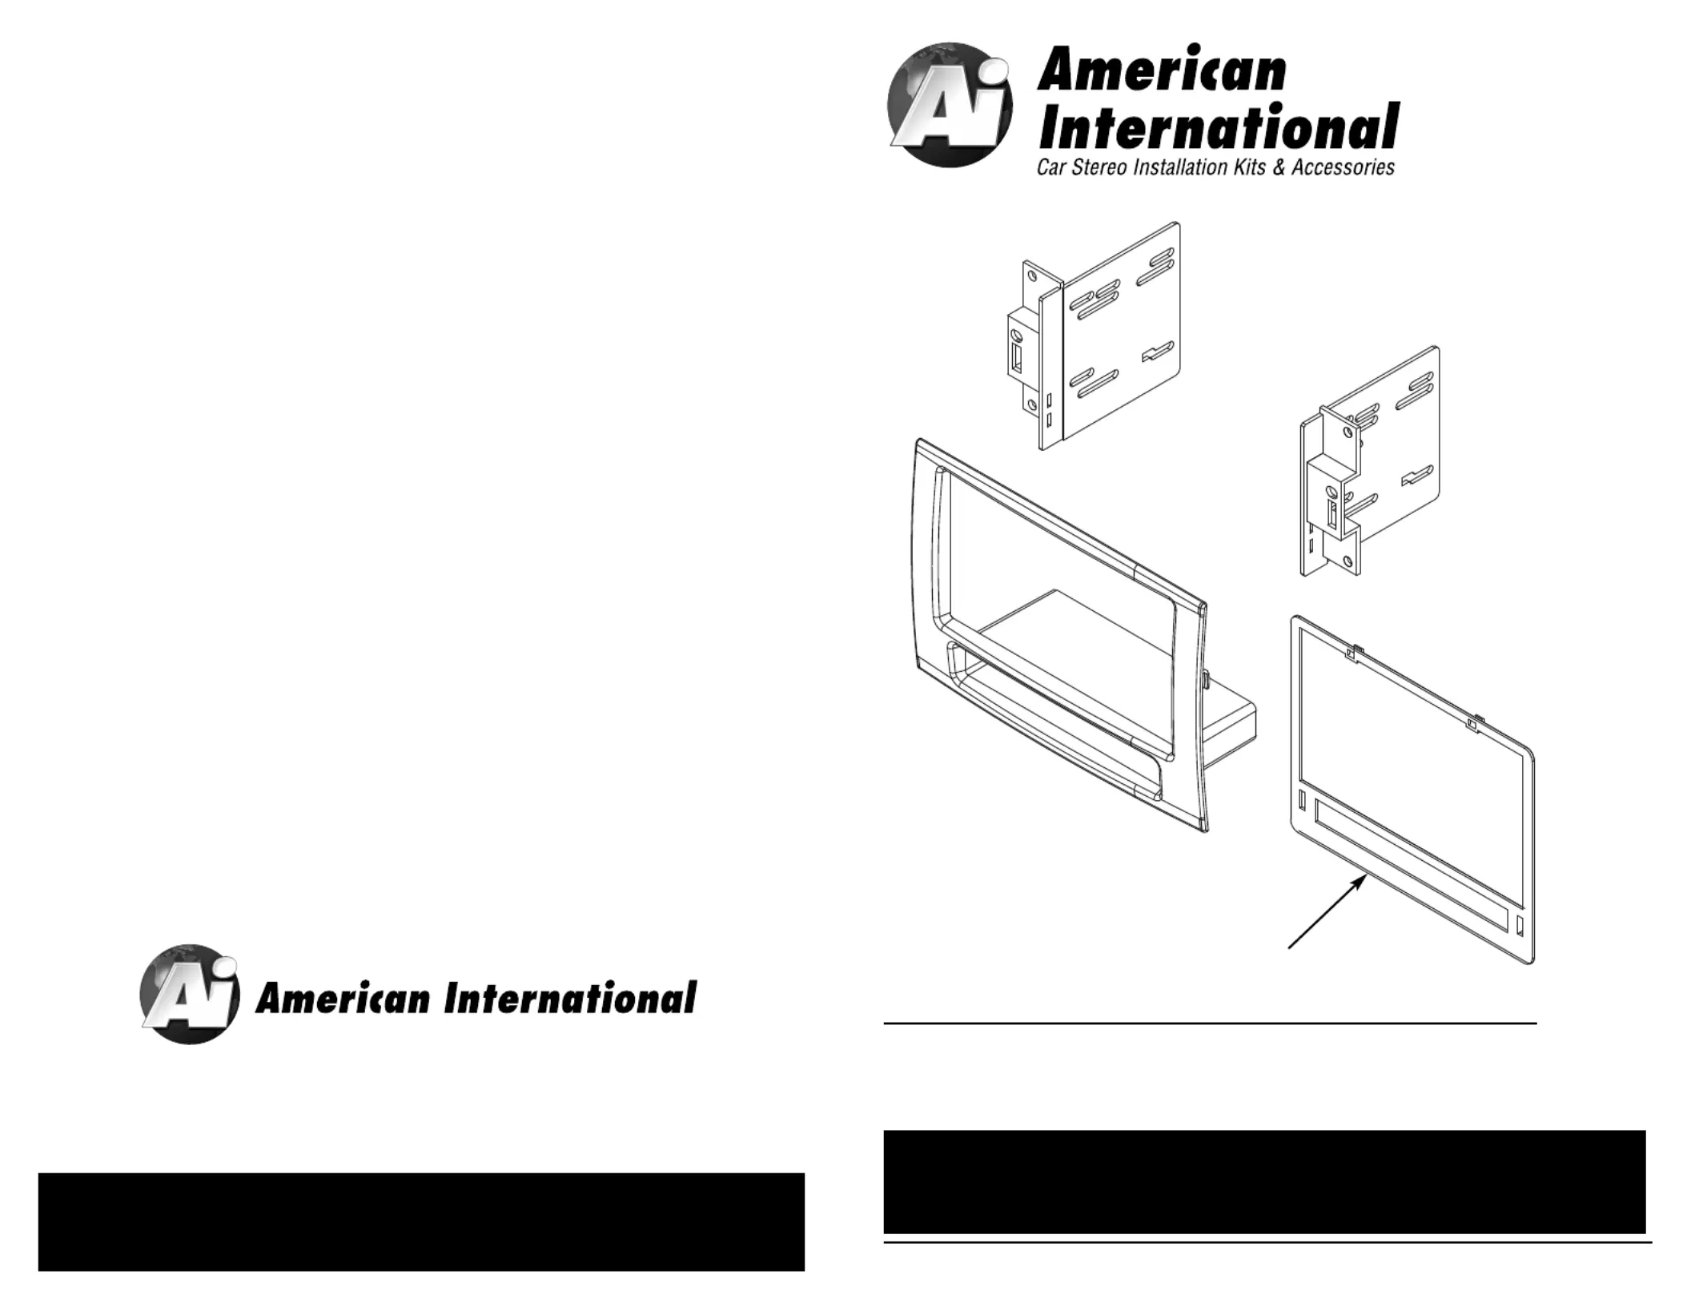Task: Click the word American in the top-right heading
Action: click(1161, 70)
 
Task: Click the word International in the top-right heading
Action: click(1217, 128)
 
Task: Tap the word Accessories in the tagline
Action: click(1343, 167)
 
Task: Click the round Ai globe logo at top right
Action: click(950, 105)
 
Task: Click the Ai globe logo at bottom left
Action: click(190, 994)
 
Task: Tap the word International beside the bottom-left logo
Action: click(570, 999)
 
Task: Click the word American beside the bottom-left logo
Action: click(343, 999)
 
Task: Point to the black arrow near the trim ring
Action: click(1327, 912)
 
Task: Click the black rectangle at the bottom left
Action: click(421, 1221)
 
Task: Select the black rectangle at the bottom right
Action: click(1264, 1181)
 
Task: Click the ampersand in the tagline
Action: click(1279, 167)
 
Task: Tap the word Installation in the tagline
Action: click(1183, 167)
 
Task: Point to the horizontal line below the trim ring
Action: click(1209, 1023)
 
